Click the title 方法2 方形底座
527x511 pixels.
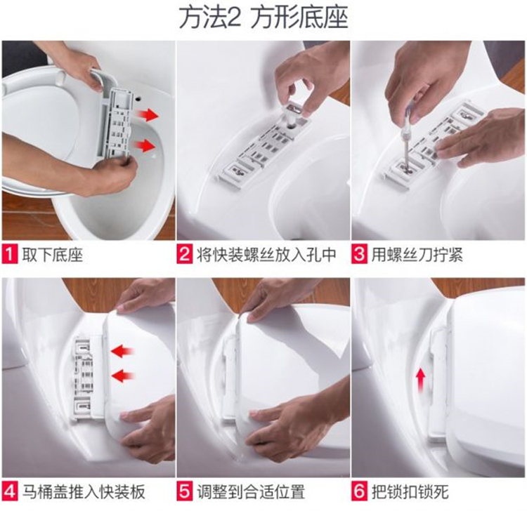(x=263, y=18)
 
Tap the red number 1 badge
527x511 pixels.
(x=9, y=255)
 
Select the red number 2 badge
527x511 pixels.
(x=185, y=255)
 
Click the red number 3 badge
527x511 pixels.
(x=359, y=255)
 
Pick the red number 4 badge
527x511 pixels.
(x=9, y=492)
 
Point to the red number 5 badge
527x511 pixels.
(x=185, y=492)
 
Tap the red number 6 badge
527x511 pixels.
(x=359, y=492)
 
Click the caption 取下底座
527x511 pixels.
(x=53, y=255)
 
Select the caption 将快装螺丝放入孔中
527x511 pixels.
(x=266, y=255)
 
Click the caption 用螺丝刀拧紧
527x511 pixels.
(x=417, y=255)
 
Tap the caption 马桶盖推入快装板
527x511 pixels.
(x=84, y=492)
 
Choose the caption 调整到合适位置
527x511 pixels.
(x=251, y=492)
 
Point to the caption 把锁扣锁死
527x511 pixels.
(x=410, y=492)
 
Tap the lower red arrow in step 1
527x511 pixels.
(x=144, y=146)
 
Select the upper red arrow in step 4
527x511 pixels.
(x=123, y=352)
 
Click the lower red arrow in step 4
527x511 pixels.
(x=123, y=376)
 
